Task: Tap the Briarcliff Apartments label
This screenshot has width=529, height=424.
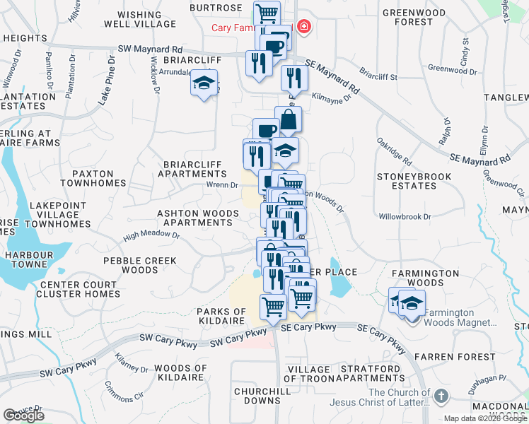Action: point(192,168)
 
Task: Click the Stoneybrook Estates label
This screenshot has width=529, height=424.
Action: point(417,181)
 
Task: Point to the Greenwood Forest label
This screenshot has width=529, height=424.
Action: point(417,17)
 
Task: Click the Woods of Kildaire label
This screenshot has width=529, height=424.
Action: point(180,372)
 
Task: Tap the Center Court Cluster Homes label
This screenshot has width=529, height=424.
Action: point(80,289)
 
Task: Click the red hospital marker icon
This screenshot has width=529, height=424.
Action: point(304,28)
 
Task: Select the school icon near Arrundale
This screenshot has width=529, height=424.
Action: point(204,84)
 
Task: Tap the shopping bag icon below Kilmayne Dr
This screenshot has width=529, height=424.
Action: point(289,118)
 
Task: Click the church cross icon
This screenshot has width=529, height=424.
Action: point(442,396)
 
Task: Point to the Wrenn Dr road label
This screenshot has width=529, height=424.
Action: point(221,185)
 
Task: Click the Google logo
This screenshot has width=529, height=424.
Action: point(23,415)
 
